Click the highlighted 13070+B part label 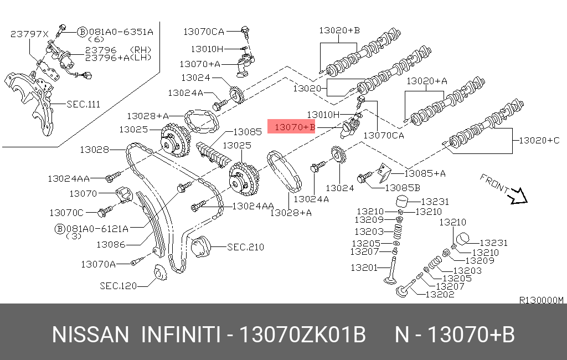tap(295, 127)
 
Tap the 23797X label tap(29, 34)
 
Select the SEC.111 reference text tap(83, 104)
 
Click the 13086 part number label tap(111, 245)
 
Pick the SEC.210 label tap(245, 247)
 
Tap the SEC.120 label tap(118, 286)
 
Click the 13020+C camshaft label tap(539, 140)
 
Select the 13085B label tap(403, 188)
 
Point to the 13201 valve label tap(364, 268)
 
